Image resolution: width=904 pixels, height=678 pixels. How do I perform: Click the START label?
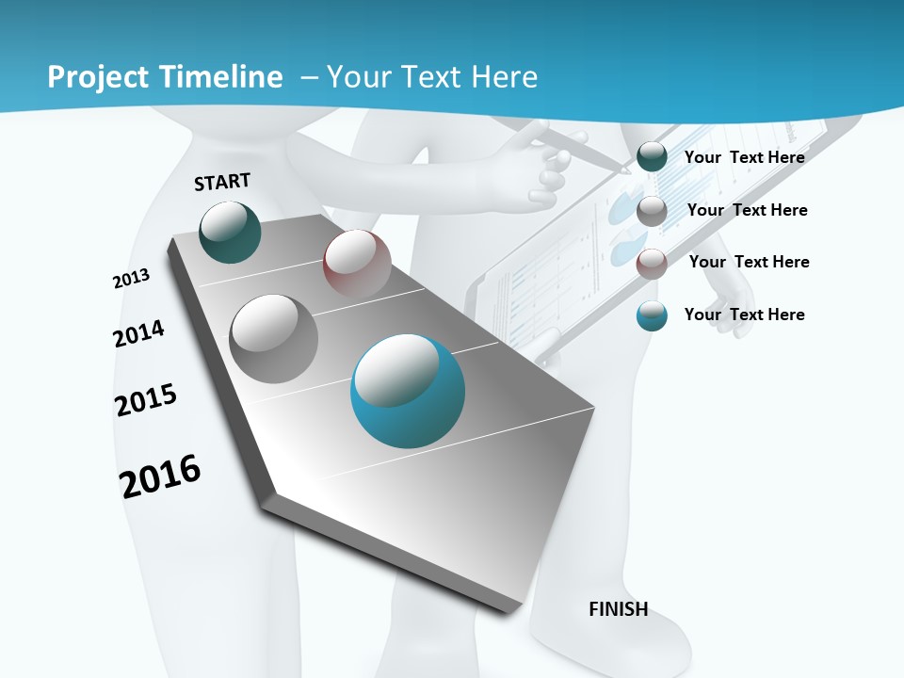(222, 182)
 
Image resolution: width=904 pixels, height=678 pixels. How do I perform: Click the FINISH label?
(618, 609)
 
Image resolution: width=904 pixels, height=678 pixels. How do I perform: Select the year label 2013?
(132, 278)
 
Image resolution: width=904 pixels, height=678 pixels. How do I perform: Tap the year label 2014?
(138, 333)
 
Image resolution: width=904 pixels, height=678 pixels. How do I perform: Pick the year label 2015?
(146, 400)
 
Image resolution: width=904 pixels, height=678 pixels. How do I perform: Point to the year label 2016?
(160, 476)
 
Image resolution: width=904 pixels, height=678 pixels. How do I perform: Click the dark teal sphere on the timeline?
(230, 232)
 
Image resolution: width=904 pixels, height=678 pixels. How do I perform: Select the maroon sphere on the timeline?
(357, 263)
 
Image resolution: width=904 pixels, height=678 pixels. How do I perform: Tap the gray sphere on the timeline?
(274, 338)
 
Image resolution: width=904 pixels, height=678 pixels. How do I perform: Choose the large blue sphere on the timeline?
(408, 391)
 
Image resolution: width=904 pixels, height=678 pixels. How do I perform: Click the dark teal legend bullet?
(652, 157)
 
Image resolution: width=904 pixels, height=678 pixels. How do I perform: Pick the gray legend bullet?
(652, 211)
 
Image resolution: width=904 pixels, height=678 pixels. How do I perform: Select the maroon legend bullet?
(652, 264)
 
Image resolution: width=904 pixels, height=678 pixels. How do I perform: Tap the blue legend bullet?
(652, 315)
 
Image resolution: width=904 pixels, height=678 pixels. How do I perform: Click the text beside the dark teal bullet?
(744, 157)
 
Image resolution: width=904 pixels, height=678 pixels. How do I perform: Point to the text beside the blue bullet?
(744, 315)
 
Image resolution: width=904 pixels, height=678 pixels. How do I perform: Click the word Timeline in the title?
(222, 77)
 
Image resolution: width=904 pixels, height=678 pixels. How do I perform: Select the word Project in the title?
(97, 77)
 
